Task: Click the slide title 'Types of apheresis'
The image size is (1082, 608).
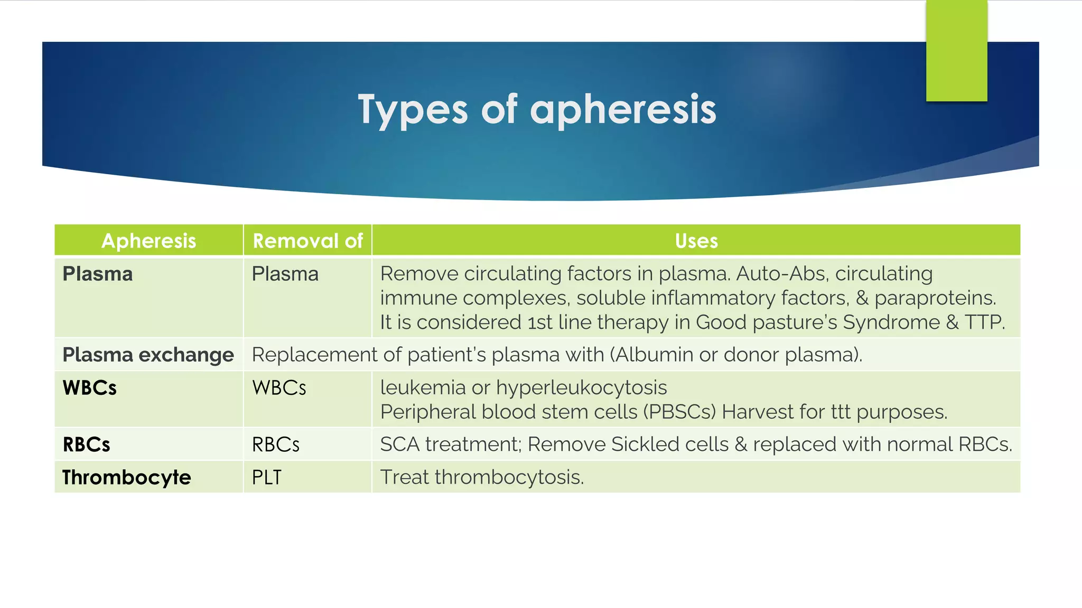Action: click(537, 110)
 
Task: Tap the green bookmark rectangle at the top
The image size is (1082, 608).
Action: click(957, 51)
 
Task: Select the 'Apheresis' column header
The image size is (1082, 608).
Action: click(148, 241)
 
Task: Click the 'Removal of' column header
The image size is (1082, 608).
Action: click(307, 241)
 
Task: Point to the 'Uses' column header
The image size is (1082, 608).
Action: click(696, 241)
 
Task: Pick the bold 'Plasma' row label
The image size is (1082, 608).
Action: click(98, 274)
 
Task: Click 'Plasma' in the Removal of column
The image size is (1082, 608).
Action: click(285, 274)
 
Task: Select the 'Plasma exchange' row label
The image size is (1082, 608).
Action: click(148, 355)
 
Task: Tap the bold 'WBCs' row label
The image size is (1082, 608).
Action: click(89, 388)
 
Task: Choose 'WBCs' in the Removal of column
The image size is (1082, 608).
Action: click(279, 388)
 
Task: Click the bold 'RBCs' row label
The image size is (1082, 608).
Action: click(86, 444)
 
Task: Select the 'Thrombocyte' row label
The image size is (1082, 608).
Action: click(127, 477)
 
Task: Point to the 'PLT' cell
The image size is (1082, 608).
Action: click(267, 477)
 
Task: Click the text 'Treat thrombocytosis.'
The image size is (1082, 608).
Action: click(482, 477)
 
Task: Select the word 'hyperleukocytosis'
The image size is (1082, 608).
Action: click(582, 388)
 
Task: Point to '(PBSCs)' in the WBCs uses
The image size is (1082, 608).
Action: click(679, 412)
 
